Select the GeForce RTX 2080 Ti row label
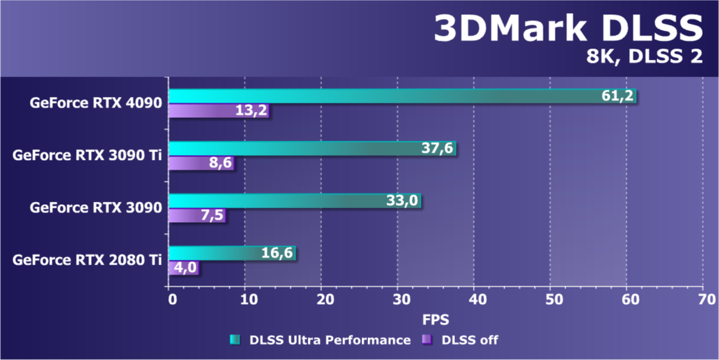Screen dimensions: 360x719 [x=87, y=260]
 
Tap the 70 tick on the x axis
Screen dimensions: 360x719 [x=703, y=299]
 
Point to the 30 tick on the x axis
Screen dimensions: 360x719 [x=397, y=299]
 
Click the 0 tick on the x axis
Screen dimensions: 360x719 [x=170, y=299]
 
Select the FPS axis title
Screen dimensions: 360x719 [x=436, y=317]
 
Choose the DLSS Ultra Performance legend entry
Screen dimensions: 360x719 [x=320, y=340]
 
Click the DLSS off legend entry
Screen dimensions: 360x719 [x=461, y=340]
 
